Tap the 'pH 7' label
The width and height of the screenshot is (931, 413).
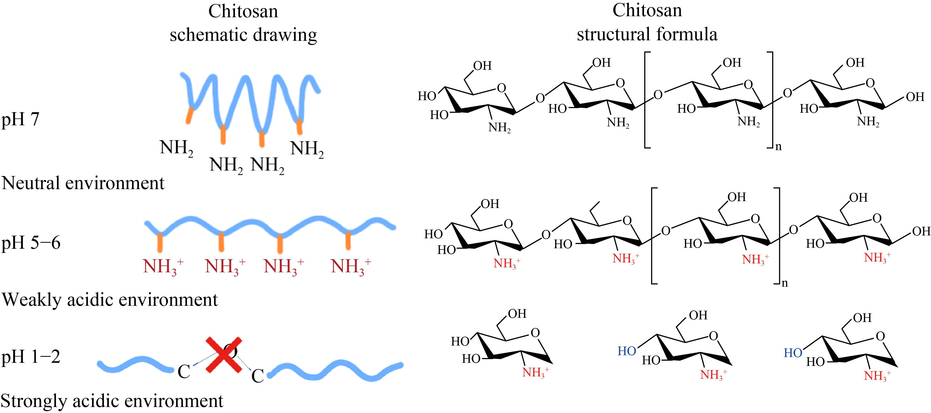(20, 120)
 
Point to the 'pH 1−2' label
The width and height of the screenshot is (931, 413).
(31, 357)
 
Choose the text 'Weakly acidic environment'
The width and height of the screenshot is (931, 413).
(110, 299)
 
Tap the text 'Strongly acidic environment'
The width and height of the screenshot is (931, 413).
(112, 401)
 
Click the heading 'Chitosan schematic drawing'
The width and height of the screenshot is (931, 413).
(243, 23)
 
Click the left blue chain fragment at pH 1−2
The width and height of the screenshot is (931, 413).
(136, 365)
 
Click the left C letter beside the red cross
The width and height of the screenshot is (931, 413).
(184, 371)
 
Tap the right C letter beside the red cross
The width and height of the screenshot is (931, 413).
(257, 376)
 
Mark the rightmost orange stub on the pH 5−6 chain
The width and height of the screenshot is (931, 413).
(348, 241)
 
